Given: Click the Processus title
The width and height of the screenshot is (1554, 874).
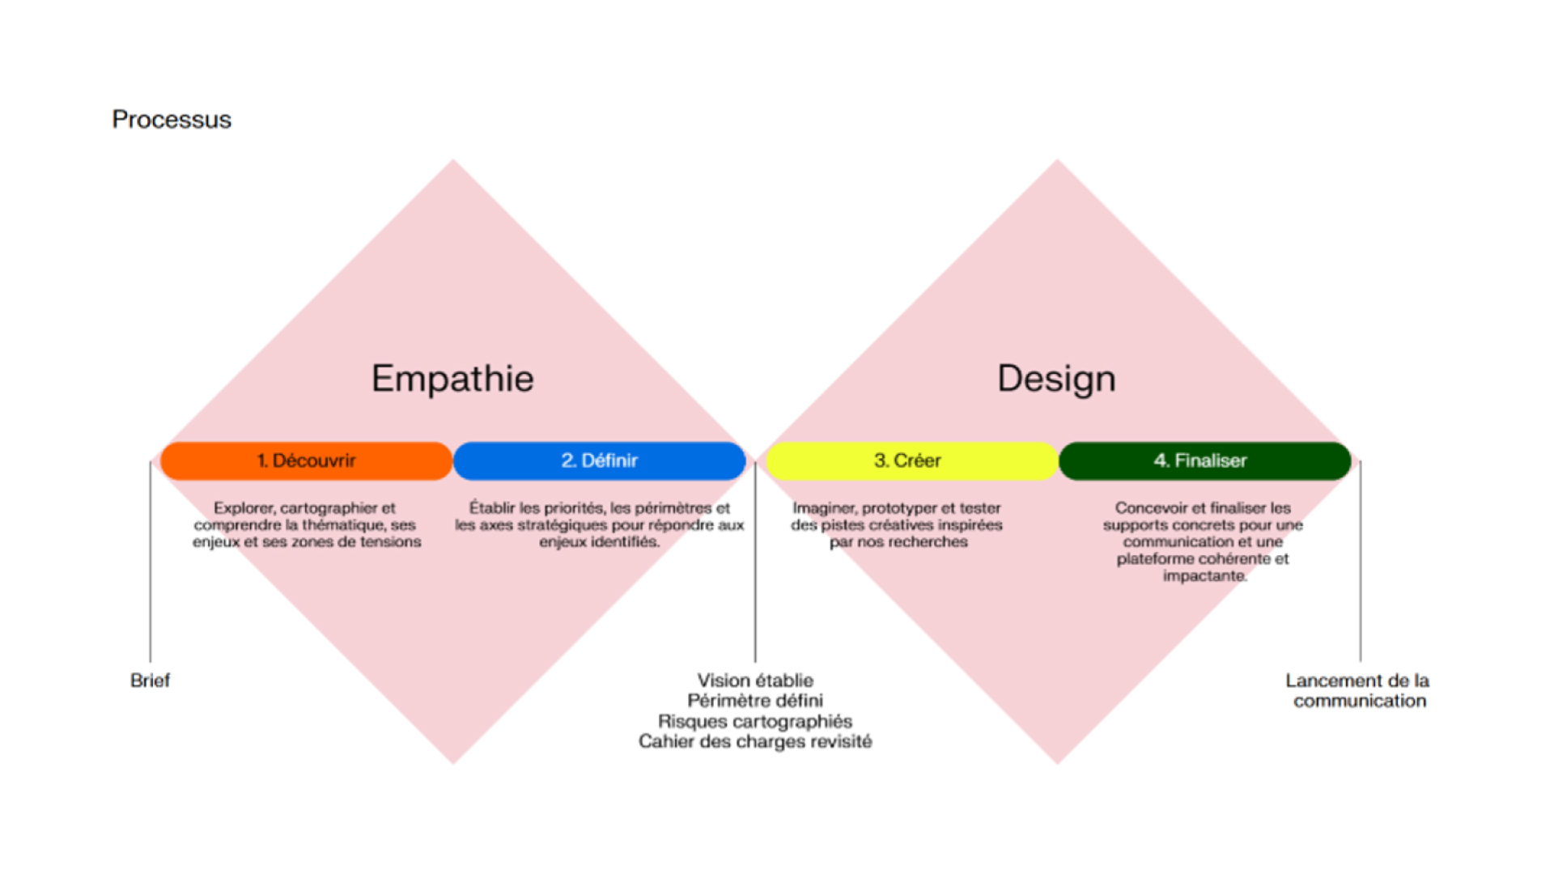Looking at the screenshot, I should (x=172, y=120).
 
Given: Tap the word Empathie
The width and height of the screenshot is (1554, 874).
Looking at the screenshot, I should (x=452, y=379).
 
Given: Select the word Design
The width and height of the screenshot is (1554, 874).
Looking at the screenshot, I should (x=1056, y=379).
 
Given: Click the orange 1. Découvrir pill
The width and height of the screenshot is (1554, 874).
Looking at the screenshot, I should (x=306, y=460).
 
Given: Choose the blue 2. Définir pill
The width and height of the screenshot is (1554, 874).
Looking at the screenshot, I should (x=599, y=460).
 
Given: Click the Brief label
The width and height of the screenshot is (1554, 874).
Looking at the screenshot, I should (x=150, y=681).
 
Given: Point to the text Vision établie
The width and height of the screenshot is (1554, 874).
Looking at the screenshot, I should (x=755, y=681).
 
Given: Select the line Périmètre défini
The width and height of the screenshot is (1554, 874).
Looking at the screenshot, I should (x=755, y=701).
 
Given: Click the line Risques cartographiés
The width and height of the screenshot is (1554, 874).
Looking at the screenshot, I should (x=755, y=721).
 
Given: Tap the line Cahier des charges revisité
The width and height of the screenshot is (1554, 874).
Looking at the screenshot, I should (x=755, y=741).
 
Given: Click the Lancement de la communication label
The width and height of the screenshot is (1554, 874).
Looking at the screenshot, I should (x=1358, y=690).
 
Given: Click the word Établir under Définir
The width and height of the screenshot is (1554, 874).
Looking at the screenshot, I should (x=491, y=508).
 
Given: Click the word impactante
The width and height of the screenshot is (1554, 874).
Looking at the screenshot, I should (x=1204, y=576).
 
